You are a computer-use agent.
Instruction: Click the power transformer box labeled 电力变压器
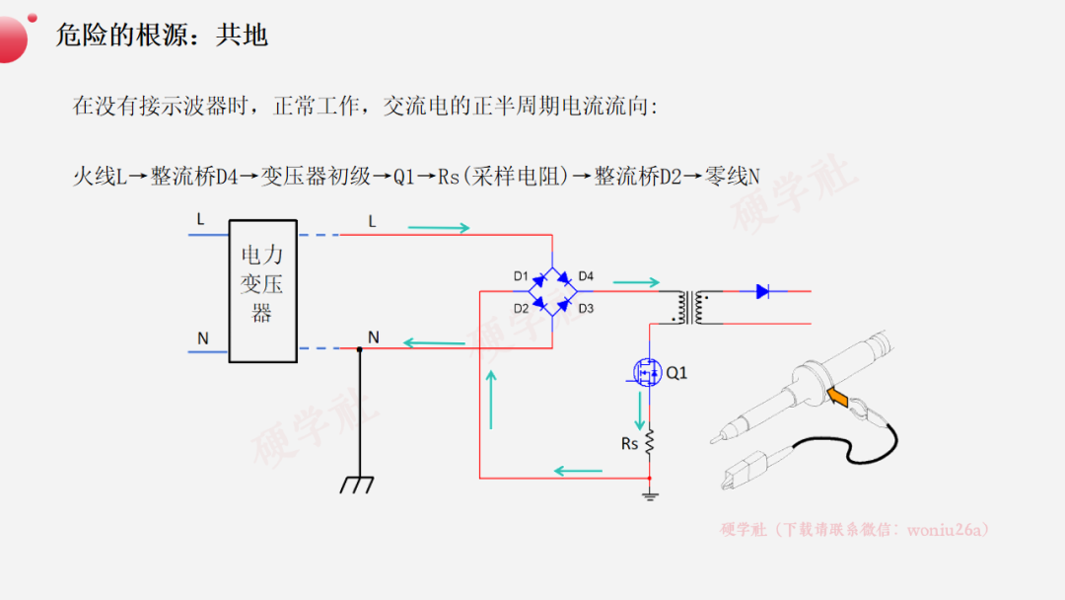[x=263, y=291]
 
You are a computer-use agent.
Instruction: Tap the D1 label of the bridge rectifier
[x=521, y=276]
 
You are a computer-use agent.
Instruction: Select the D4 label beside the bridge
[x=586, y=276]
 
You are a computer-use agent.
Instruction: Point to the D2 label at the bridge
[x=521, y=309]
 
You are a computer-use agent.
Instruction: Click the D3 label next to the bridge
[x=586, y=309]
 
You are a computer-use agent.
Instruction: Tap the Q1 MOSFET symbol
[x=647, y=372]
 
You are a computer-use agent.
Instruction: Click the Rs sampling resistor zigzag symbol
[x=649, y=442]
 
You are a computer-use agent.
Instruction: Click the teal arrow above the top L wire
[x=439, y=228]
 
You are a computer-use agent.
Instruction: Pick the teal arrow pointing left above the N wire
[x=434, y=342]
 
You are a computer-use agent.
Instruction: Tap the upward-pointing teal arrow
[x=491, y=400]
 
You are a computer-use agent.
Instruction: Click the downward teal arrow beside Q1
[x=639, y=411]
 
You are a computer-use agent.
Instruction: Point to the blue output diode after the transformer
[x=762, y=291]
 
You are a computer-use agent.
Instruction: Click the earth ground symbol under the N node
[x=357, y=485]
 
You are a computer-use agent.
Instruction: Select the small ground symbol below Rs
[x=650, y=496]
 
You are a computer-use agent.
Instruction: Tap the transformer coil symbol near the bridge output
[x=690, y=308]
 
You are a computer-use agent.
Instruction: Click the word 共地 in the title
[x=242, y=36]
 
